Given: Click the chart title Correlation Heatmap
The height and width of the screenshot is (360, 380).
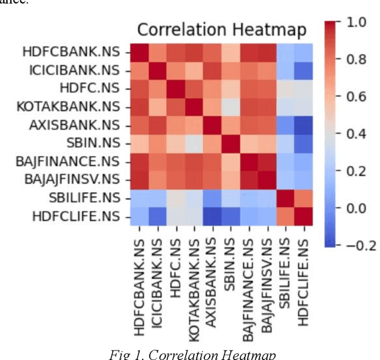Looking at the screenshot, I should [222, 30].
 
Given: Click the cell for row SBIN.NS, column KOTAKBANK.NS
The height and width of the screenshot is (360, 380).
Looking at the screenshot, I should [194, 143].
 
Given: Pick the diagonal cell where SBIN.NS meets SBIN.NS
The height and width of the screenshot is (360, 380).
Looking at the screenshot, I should [230, 143].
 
